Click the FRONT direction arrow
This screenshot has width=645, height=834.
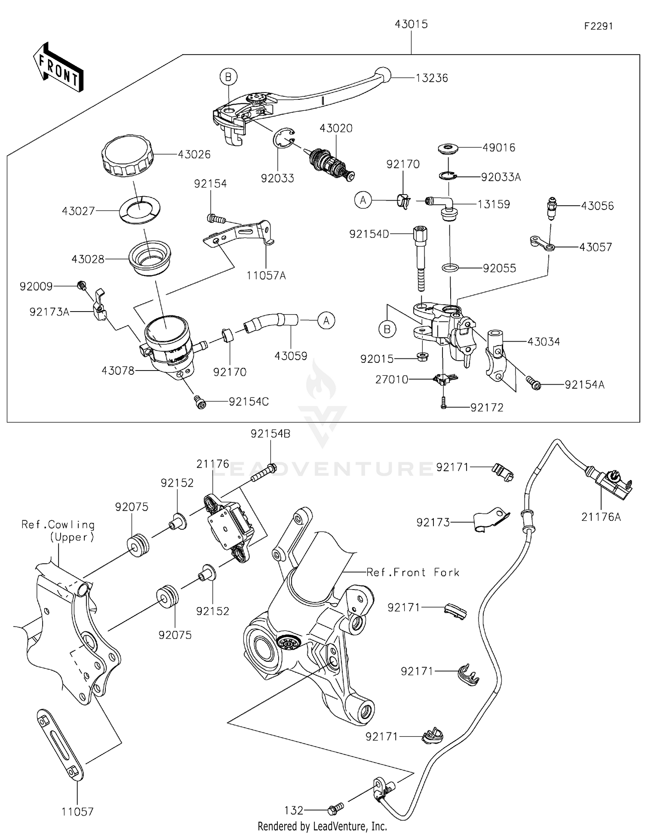[x=58, y=68]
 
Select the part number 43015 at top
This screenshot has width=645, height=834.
[x=411, y=25]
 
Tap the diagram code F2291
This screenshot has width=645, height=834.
[x=598, y=26]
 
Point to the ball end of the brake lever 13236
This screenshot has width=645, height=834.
[x=382, y=75]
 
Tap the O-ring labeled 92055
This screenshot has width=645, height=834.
[x=450, y=268]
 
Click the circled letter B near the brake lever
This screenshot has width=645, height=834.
[x=228, y=77]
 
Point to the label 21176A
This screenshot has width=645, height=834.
[x=601, y=517]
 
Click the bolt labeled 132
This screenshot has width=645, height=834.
[x=335, y=809]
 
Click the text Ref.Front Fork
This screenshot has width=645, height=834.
[x=412, y=572]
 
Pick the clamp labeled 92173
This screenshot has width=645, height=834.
[x=491, y=521]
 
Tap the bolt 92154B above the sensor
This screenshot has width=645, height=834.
[x=263, y=474]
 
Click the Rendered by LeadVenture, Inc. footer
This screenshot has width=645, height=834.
[x=322, y=826]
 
